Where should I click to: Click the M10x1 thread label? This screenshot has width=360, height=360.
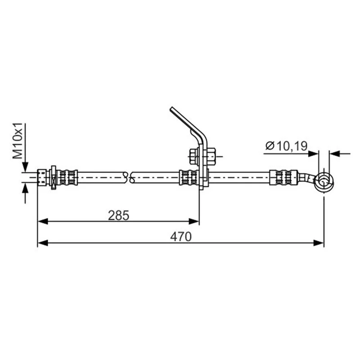(x=18, y=141)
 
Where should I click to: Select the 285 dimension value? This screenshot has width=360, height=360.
(x=119, y=216)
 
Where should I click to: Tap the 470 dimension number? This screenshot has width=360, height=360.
(x=181, y=237)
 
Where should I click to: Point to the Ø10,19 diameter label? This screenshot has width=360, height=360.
(x=286, y=146)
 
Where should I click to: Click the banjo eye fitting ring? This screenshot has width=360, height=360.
(x=324, y=183)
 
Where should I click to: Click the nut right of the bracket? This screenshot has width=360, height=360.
(x=211, y=156)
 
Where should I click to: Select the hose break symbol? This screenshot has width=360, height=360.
(x=129, y=177)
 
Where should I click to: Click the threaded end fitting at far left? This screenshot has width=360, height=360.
(x=41, y=177)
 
